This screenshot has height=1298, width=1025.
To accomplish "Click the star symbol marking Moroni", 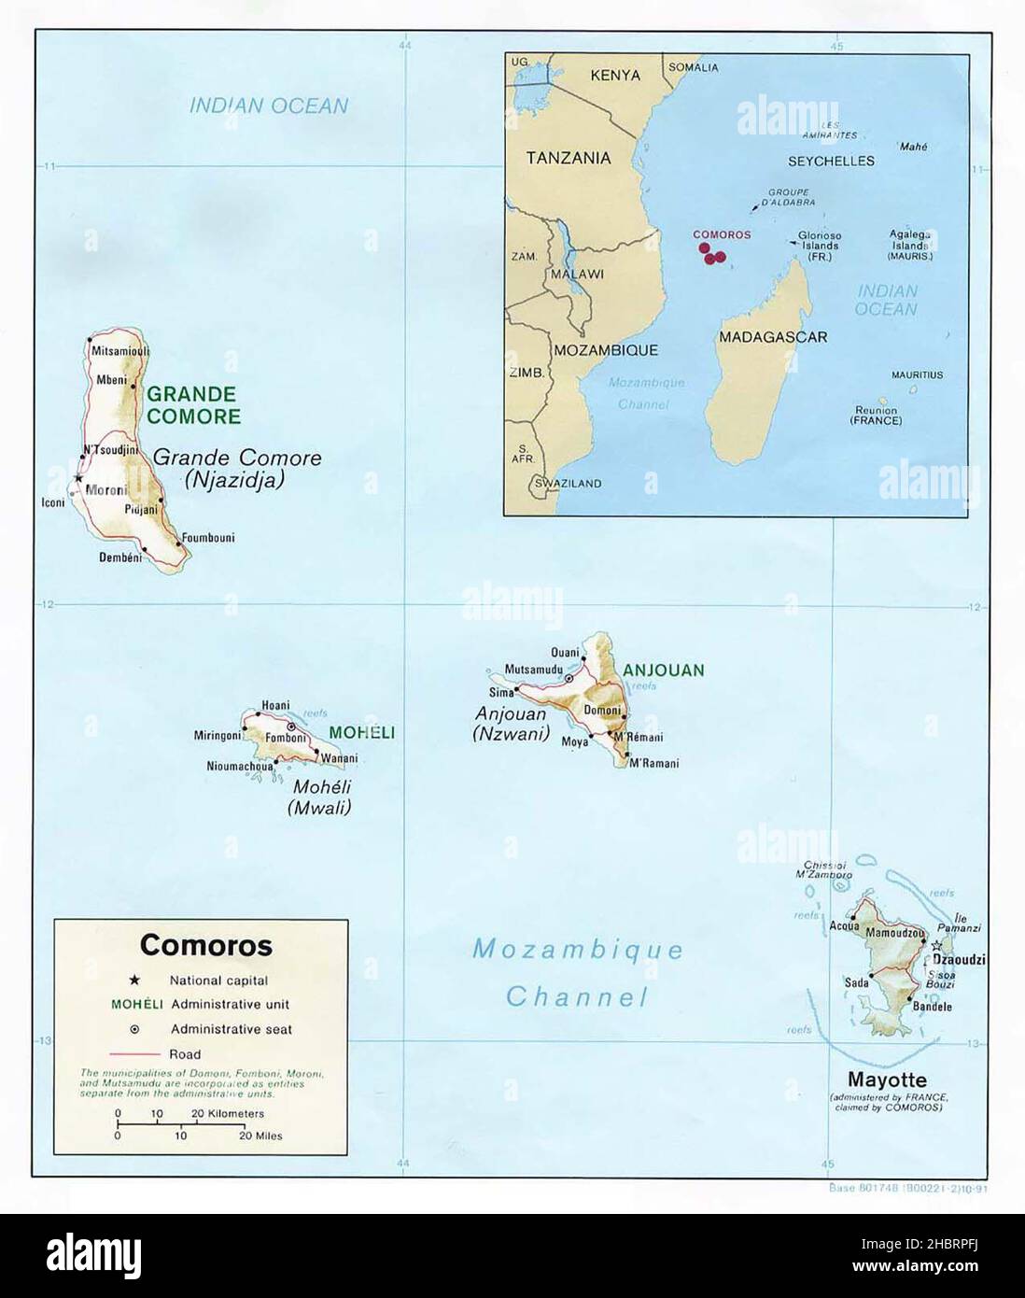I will tap(77, 479).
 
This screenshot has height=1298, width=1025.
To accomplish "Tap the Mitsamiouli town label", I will tap(119, 351).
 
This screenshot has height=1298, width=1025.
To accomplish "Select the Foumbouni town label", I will tap(207, 538).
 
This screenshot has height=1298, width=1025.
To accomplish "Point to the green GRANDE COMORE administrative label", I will tap(191, 405).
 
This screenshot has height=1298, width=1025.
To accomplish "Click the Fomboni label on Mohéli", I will tap(286, 738).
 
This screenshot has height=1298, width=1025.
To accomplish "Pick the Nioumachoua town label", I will tap(239, 767).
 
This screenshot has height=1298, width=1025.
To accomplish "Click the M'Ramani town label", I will tap(653, 763).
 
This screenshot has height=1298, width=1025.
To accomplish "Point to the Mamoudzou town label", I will tap(895, 933).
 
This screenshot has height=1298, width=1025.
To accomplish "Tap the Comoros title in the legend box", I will tap(205, 945).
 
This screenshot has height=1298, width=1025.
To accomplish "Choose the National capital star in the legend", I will tap(134, 981).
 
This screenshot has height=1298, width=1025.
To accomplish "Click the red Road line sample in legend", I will tap(134, 1054).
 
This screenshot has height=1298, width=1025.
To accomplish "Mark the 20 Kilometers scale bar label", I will tap(228, 1113).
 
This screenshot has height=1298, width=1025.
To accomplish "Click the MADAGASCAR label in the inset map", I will tap(772, 337).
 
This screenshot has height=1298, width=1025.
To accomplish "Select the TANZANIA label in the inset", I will tap(569, 158).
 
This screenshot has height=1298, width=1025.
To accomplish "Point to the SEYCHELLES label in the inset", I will tap(831, 161).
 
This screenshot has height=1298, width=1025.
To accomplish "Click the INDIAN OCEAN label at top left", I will tap(268, 106).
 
